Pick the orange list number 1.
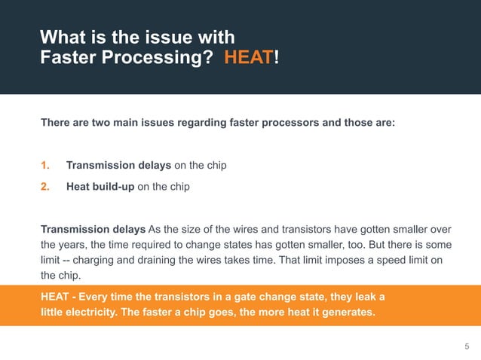click(x=44, y=165)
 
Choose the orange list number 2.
click(x=44, y=186)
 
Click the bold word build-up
click(x=112, y=186)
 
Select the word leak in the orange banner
click(x=366, y=295)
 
